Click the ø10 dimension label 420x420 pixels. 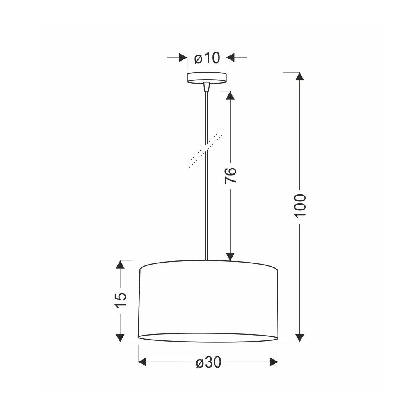[207, 57]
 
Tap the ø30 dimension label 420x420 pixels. [208, 363]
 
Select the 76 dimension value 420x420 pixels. [231, 176]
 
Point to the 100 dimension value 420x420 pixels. [300, 206]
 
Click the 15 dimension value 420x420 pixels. [121, 300]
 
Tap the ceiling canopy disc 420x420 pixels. [207, 78]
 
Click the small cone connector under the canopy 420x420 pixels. [206, 87]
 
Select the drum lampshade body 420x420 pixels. [208, 301]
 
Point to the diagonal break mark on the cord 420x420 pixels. [206, 148]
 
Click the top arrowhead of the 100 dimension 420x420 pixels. [300, 76]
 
